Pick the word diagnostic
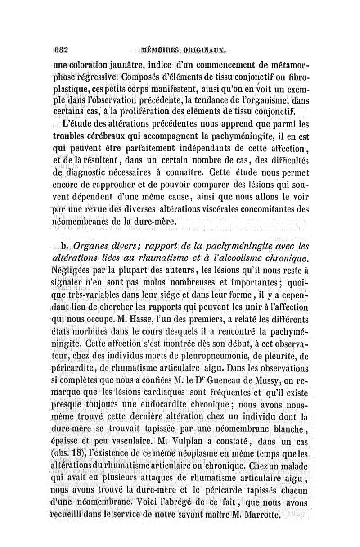point(92,172)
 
